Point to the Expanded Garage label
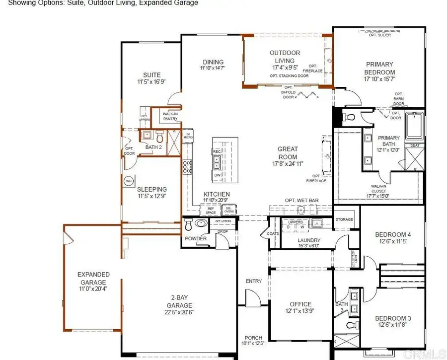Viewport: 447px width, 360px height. point(93,278)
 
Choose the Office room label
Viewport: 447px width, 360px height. point(300,304)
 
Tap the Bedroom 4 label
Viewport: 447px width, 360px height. point(392,234)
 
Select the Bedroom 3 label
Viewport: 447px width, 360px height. point(392,318)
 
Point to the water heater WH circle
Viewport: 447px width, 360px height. point(128,180)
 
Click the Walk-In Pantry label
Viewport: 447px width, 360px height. point(170,116)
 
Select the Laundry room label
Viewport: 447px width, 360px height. point(308,240)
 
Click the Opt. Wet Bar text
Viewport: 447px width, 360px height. point(301,201)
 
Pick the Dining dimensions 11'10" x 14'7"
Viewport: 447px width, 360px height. point(212,68)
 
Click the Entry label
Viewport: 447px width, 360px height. point(253,281)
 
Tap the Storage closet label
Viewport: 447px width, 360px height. point(344,219)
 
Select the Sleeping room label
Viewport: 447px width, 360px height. point(152,189)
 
